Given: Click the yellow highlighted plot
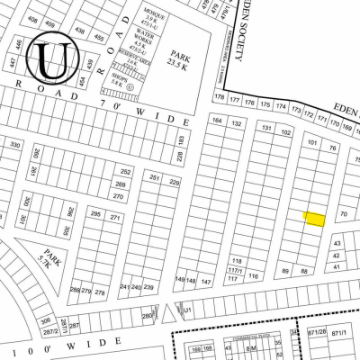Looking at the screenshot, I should click(x=314, y=219).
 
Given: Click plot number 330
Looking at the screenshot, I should click(x=14, y=144).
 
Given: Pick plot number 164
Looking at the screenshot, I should click(x=216, y=121).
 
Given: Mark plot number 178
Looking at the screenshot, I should click(x=219, y=96).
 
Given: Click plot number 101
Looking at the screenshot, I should click(x=312, y=142).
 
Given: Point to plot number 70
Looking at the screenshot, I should click(x=343, y=214).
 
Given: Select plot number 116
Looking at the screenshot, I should click(x=254, y=276).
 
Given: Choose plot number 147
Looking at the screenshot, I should click(x=205, y=282).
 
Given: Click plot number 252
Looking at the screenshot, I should click(x=125, y=171).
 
